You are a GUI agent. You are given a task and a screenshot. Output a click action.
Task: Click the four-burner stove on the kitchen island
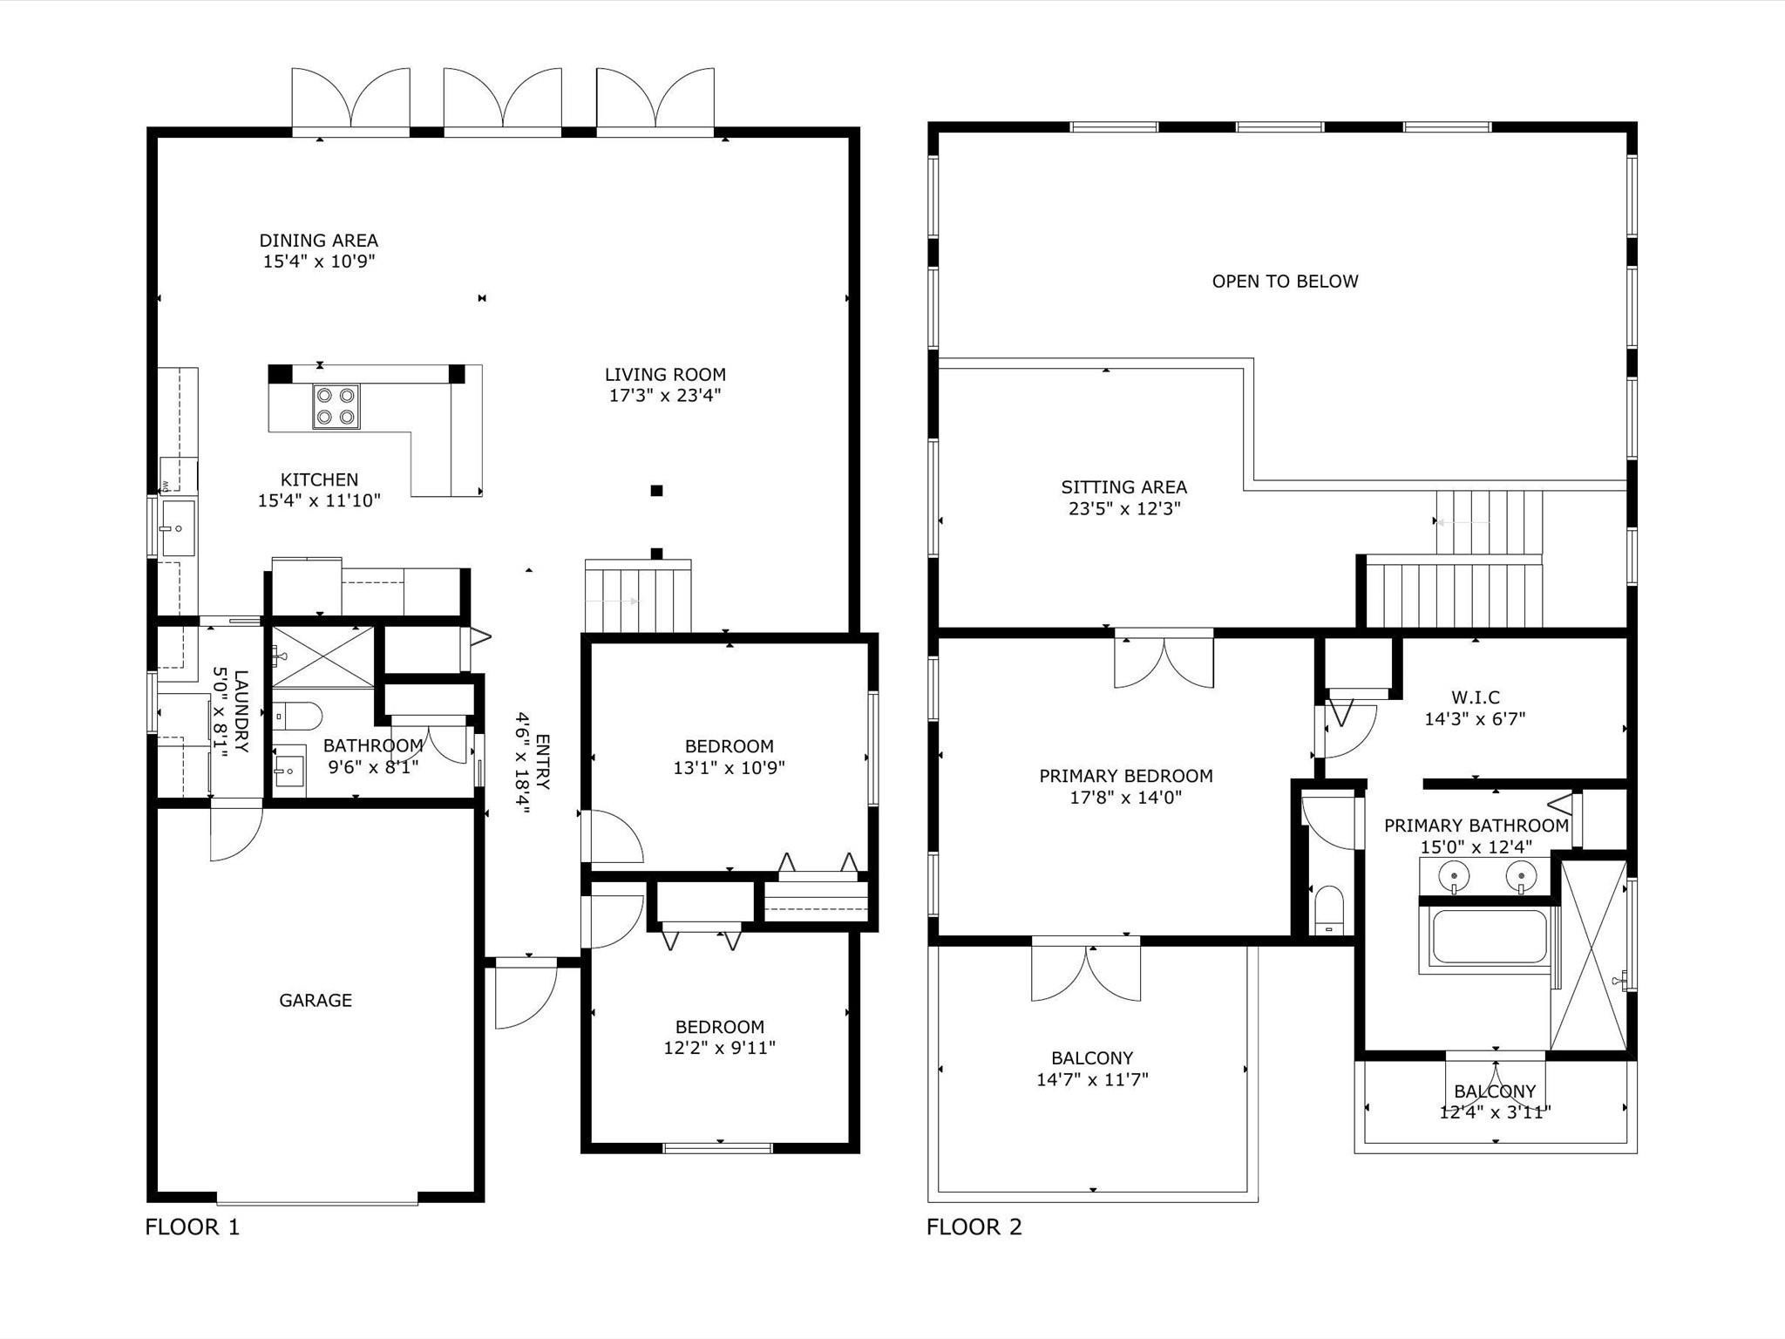[x=336, y=406]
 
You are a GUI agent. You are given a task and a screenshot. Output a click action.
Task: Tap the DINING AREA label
[x=318, y=241]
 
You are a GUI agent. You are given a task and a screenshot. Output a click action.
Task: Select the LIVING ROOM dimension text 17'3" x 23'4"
[x=665, y=396]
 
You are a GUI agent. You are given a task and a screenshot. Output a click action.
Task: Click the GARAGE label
[x=316, y=1001]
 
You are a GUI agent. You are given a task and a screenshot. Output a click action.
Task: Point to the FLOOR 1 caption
[x=192, y=1227]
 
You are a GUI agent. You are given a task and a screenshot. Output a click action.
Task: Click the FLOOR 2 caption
[x=974, y=1227]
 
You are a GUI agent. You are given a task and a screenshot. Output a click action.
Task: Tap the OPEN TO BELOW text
[x=1285, y=282]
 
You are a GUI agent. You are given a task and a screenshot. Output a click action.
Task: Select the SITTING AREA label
[x=1123, y=487]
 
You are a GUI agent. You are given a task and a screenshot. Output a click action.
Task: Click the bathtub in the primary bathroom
[x=1488, y=938]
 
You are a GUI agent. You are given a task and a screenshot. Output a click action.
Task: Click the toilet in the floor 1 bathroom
[x=296, y=717]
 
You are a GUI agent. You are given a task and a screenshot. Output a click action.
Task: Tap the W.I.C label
[x=1475, y=697]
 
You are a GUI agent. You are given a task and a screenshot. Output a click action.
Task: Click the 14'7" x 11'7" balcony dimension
[x=1092, y=1080]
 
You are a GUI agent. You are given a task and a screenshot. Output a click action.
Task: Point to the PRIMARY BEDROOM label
[x=1125, y=776]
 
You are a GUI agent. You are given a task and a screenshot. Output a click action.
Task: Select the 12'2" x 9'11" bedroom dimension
[x=719, y=1048]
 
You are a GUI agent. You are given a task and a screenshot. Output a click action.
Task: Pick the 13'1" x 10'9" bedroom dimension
[x=729, y=768]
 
